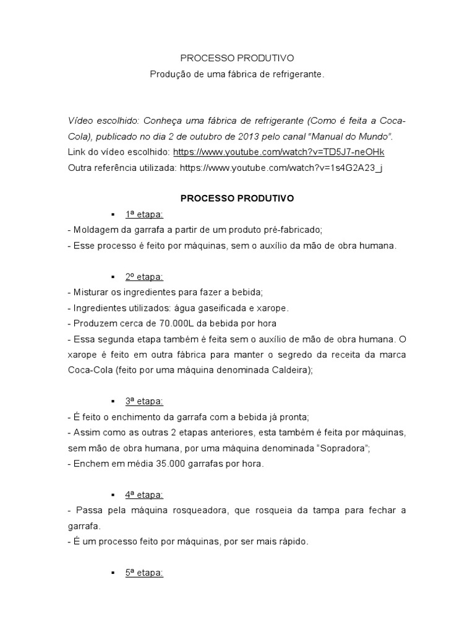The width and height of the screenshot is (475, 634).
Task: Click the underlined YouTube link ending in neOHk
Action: tap(283, 152)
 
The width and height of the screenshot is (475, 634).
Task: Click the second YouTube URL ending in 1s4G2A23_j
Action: tap(281, 168)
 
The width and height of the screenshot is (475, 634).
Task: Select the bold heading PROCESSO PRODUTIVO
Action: tap(237, 199)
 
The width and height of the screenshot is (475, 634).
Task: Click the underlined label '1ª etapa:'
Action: tap(144, 214)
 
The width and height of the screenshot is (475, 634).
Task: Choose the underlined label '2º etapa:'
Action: tap(144, 277)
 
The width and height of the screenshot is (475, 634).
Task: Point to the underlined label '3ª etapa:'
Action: tap(144, 401)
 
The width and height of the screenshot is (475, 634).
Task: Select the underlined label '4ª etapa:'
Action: tap(144, 495)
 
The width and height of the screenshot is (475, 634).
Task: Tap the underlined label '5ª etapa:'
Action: tap(144, 573)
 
